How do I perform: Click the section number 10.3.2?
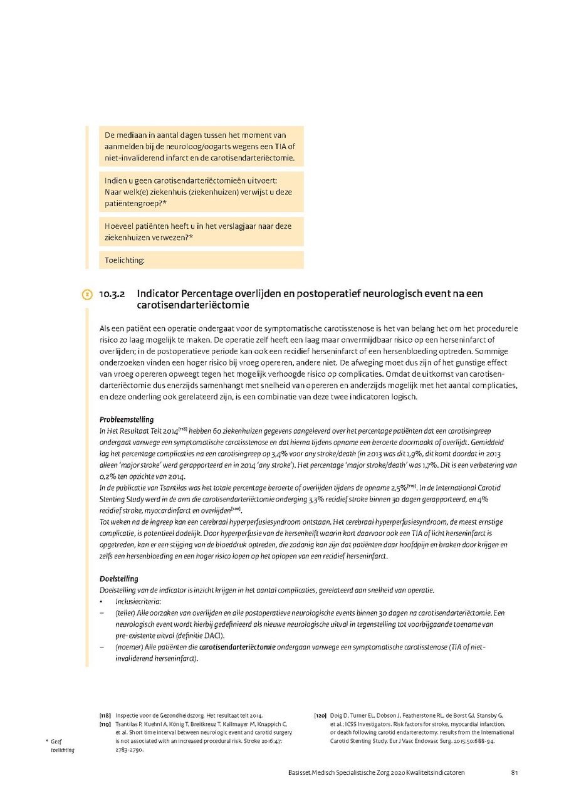tap(113, 294)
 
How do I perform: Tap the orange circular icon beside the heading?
tap(87, 294)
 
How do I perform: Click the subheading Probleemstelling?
tap(127, 419)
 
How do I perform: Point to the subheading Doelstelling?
tap(119, 579)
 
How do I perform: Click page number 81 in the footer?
tap(514, 772)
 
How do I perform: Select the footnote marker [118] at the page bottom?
tap(105, 715)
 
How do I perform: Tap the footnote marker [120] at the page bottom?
tap(320, 715)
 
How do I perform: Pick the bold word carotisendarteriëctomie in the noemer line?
tap(237, 648)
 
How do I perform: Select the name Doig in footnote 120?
tap(337, 715)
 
